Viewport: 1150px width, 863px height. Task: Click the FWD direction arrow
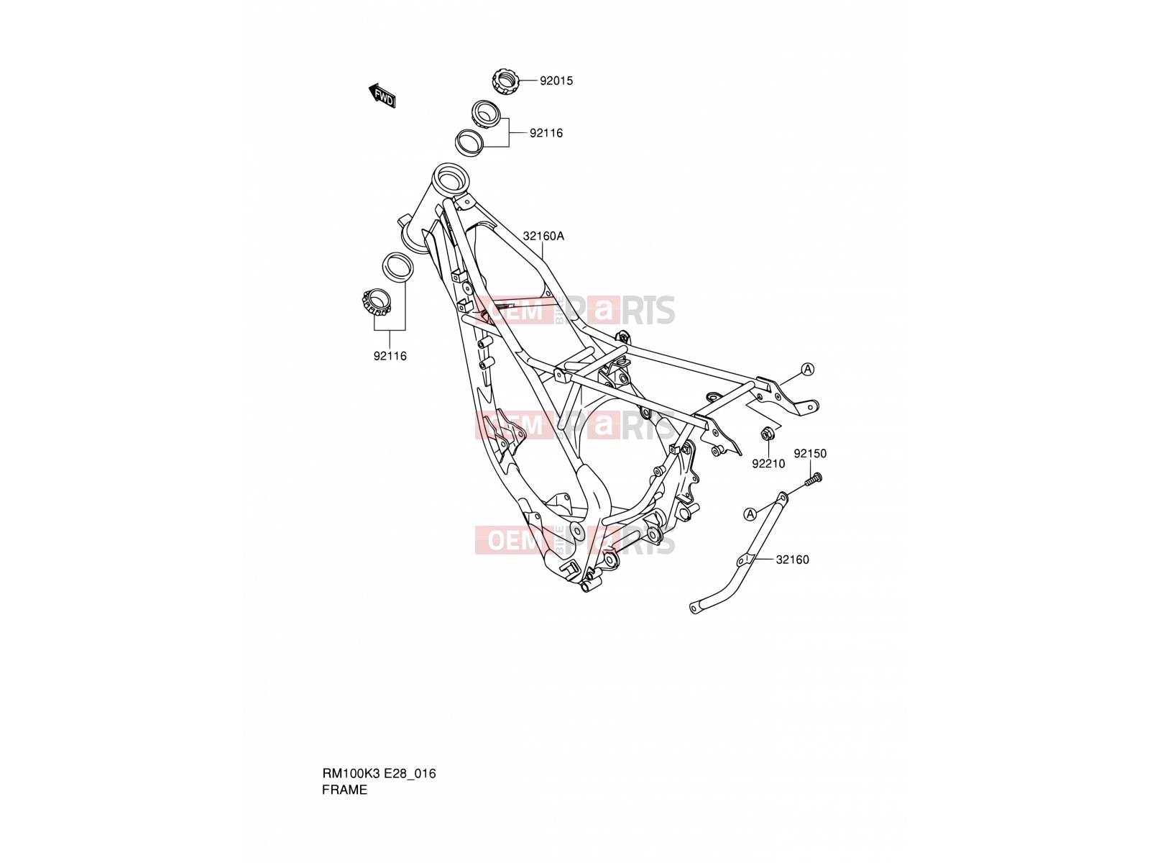pos(382,96)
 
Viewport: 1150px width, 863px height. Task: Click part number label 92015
pos(556,81)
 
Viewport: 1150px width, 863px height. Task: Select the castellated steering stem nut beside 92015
pos(505,81)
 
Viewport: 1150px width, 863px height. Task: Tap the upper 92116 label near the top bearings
pos(546,133)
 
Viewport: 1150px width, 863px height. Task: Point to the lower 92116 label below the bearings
pos(390,356)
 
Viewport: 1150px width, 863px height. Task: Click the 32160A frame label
pos(543,237)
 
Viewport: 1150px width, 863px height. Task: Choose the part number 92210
pos(768,464)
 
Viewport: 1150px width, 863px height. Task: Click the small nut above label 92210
pos(768,434)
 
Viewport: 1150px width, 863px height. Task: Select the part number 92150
pos(809,454)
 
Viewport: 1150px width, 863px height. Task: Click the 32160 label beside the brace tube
pos(792,560)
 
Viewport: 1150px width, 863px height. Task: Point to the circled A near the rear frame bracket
pos(808,370)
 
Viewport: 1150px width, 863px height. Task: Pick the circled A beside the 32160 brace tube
pos(750,514)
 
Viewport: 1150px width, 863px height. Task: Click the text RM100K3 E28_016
pos(379,773)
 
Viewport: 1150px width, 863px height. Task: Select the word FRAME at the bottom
pos(345,790)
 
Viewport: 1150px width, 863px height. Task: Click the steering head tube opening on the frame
pos(449,176)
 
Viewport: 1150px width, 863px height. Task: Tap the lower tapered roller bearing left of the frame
pos(376,303)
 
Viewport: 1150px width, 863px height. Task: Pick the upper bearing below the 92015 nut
pos(486,113)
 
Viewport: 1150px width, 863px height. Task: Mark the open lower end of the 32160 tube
pos(695,608)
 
